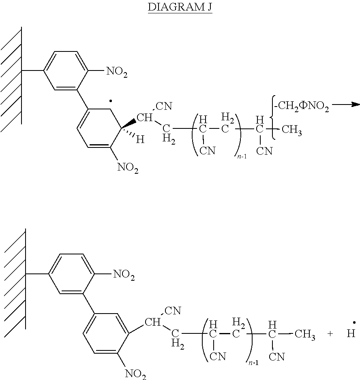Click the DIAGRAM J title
tap(180, 7)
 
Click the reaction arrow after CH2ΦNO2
tap(346, 105)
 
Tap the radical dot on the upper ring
tap(111, 101)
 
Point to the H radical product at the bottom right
tap(351, 331)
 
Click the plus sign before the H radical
tap(330, 334)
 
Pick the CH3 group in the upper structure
tap(291, 130)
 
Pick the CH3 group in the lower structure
tap(305, 335)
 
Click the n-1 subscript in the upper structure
tap(242, 156)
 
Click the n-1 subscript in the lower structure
tap(253, 363)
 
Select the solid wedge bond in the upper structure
tap(129, 123)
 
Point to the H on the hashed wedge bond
tap(140, 139)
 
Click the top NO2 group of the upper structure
tap(117, 72)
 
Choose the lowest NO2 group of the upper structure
tap(128, 168)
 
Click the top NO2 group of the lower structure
tap(124, 275)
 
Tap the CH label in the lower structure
tap(152, 322)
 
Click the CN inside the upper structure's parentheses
tap(208, 151)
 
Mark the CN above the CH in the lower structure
tap(173, 311)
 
